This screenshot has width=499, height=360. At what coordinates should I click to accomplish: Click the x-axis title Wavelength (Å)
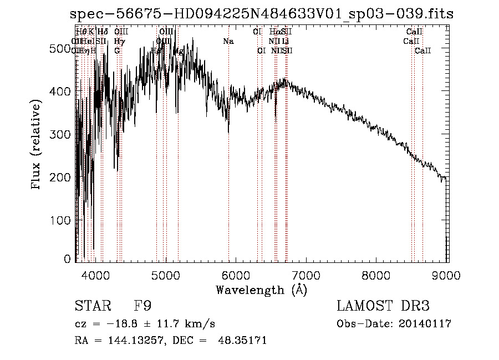261,290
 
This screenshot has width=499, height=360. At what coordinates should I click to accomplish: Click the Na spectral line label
228,41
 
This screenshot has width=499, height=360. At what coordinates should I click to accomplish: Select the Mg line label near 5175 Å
179,51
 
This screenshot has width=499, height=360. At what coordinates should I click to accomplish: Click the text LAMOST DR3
383,306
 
